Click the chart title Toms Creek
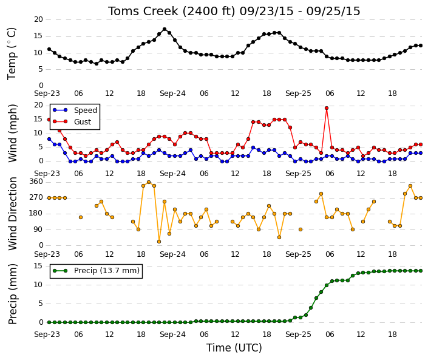[x=143, y=11]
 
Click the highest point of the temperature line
[x=165, y=29]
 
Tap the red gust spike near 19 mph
[x=327, y=108]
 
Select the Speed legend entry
[x=75, y=110]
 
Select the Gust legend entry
[x=72, y=121]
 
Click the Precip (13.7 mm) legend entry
[x=96, y=271]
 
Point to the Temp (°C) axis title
[x=12, y=53]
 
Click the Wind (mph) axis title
[x=13, y=133]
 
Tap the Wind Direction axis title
[x=13, y=214]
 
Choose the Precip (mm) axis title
[x=13, y=294]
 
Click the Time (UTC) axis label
[x=234, y=348]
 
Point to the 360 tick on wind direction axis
[x=36, y=182]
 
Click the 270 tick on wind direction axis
[x=36, y=197]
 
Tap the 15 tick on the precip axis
[x=38, y=265]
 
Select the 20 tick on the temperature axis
[x=38, y=19]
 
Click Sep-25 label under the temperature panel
[x=298, y=93]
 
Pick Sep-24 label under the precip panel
[x=172, y=335]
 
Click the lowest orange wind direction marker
[x=159, y=242]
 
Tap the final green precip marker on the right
[x=421, y=271]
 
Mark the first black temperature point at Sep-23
[x=49, y=49]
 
